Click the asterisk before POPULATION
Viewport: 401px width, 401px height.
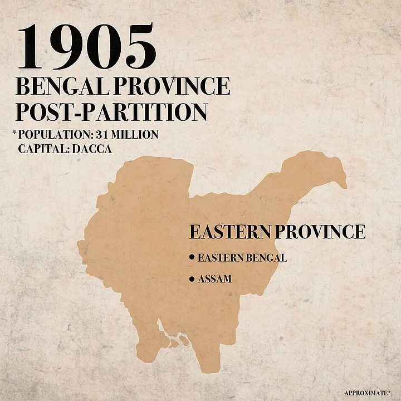[14, 134]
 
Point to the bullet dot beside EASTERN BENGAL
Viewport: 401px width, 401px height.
[192, 258]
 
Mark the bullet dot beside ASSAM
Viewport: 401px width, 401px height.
[192, 278]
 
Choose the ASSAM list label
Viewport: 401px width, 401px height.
[214, 279]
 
